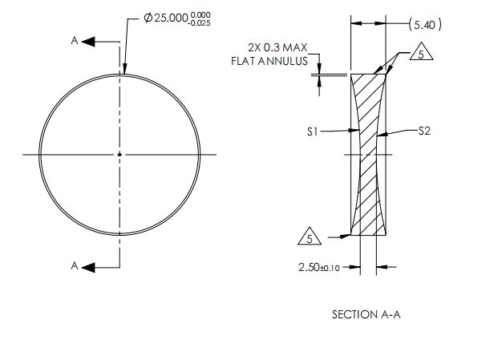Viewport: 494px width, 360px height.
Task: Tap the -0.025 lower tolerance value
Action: pyautogui.click(x=201, y=23)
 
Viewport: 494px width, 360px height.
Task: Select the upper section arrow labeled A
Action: pyautogui.click(x=95, y=41)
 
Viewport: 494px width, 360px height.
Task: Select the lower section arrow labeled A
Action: pyautogui.click(x=95, y=267)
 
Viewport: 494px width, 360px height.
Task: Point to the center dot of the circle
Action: pyautogui.click(x=119, y=154)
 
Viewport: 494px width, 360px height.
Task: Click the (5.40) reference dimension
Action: pyautogui.click(x=424, y=25)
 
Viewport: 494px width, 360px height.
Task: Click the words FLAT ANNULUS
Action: pyautogui.click(x=269, y=60)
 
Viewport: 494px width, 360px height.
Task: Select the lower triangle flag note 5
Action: pyautogui.click(x=309, y=237)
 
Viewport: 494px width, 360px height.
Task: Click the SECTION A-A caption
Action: pyautogui.click(x=366, y=314)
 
